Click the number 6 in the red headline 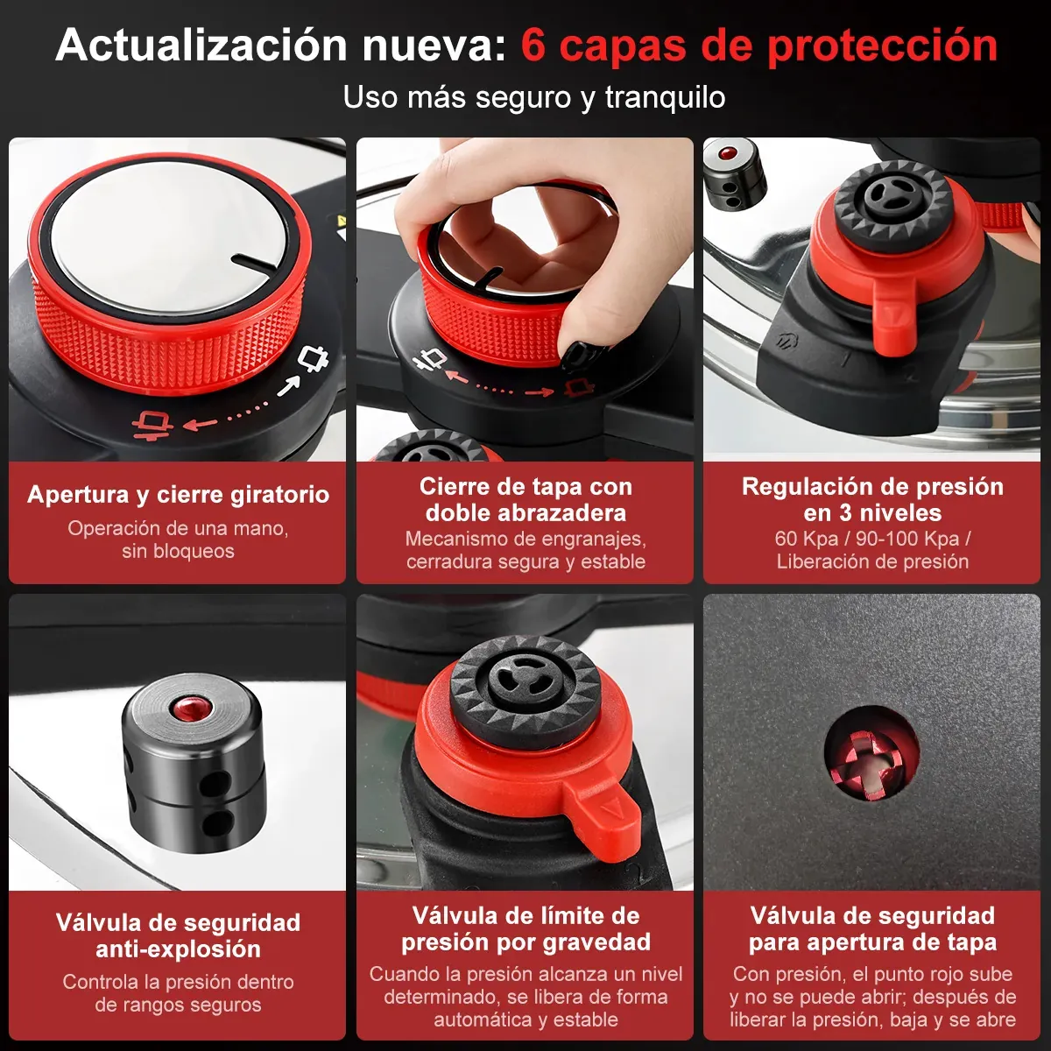(x=533, y=46)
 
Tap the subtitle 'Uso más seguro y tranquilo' (x=534, y=97)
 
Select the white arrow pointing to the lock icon (x=289, y=386)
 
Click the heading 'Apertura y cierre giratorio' (x=179, y=495)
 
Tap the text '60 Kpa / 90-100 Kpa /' (x=872, y=539)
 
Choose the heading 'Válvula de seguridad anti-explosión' (x=178, y=936)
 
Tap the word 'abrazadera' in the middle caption (x=556, y=513)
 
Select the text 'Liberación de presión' (x=872, y=561)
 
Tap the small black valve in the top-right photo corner (x=735, y=174)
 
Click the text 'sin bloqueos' (x=179, y=551)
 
